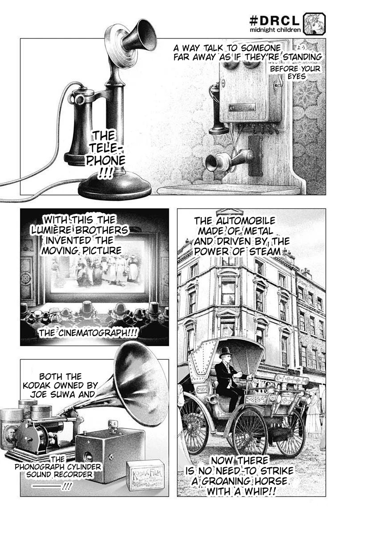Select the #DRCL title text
(x=274, y=21)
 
